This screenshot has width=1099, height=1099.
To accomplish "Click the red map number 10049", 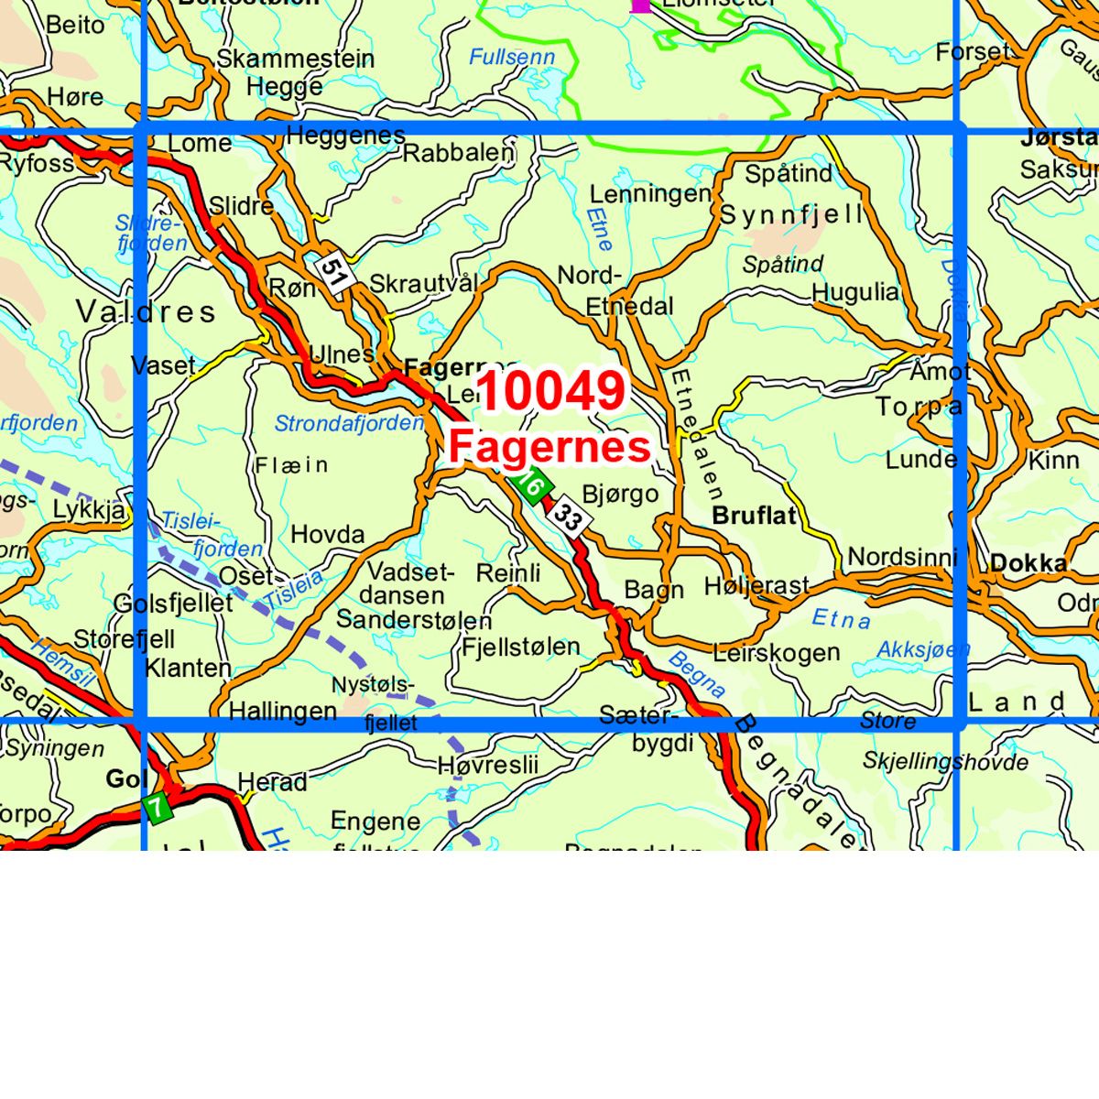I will point(551,391).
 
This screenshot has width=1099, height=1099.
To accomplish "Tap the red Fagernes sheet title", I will point(549,447).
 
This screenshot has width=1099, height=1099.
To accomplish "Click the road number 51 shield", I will point(334,272).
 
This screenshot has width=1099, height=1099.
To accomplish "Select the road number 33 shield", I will point(568,519).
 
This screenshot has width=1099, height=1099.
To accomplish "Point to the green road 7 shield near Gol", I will point(157,808).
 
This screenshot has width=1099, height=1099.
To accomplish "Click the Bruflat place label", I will point(754,516).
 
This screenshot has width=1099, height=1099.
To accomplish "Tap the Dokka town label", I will point(1028,562).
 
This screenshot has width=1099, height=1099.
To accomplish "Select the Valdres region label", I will point(147,311).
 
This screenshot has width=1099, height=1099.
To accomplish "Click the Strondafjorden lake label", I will point(349,424).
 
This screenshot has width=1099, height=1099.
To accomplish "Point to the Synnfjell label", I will point(791,215).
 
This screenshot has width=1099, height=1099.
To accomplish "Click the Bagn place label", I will point(654,590).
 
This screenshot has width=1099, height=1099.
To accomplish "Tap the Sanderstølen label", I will point(414,620).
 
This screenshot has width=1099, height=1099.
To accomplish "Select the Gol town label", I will point(126,779).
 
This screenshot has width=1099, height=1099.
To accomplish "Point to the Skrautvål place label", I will point(424,284).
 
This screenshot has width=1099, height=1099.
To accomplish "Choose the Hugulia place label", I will point(855,292).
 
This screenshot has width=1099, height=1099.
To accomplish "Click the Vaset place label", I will point(164,366).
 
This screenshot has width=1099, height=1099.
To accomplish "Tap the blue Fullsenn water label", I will point(512,57).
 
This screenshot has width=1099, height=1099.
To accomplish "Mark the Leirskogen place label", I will point(776,653).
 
